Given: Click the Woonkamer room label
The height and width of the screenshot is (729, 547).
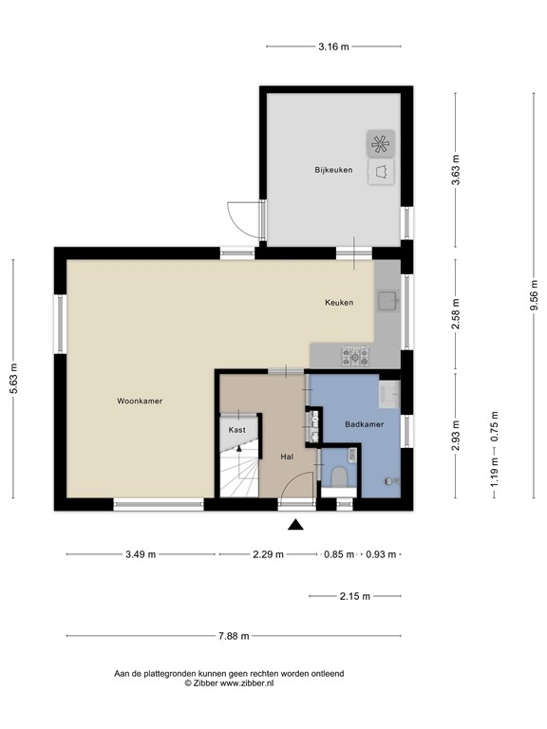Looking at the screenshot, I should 140,402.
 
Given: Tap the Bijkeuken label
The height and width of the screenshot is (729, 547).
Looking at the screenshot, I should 334,170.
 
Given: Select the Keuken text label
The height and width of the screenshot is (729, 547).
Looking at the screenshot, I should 339,303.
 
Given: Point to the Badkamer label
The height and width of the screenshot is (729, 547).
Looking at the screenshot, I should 364,424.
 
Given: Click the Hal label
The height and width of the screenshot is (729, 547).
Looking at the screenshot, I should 287,457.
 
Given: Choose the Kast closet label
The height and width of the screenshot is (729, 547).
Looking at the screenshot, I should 237,430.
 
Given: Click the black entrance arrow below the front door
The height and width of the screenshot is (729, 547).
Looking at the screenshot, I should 296,524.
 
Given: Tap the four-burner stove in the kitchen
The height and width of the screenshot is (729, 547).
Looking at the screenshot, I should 356,356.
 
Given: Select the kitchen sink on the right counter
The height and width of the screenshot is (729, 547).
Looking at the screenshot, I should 387,303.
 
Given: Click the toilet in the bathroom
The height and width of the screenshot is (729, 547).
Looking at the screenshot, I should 339,477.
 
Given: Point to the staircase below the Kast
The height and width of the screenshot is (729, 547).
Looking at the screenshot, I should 238,472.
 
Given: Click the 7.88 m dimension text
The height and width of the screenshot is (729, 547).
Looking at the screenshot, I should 233,636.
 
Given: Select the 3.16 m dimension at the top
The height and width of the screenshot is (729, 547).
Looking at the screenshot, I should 332,46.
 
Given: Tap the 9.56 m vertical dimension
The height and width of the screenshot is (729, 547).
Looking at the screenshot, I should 535,296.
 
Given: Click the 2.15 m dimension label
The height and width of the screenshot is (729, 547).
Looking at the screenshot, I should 354,596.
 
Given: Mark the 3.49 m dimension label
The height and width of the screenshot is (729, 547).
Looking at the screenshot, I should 141,555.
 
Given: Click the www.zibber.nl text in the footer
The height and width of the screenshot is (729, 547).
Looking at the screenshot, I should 248,682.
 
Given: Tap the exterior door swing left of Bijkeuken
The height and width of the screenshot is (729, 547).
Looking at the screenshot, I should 243,220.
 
